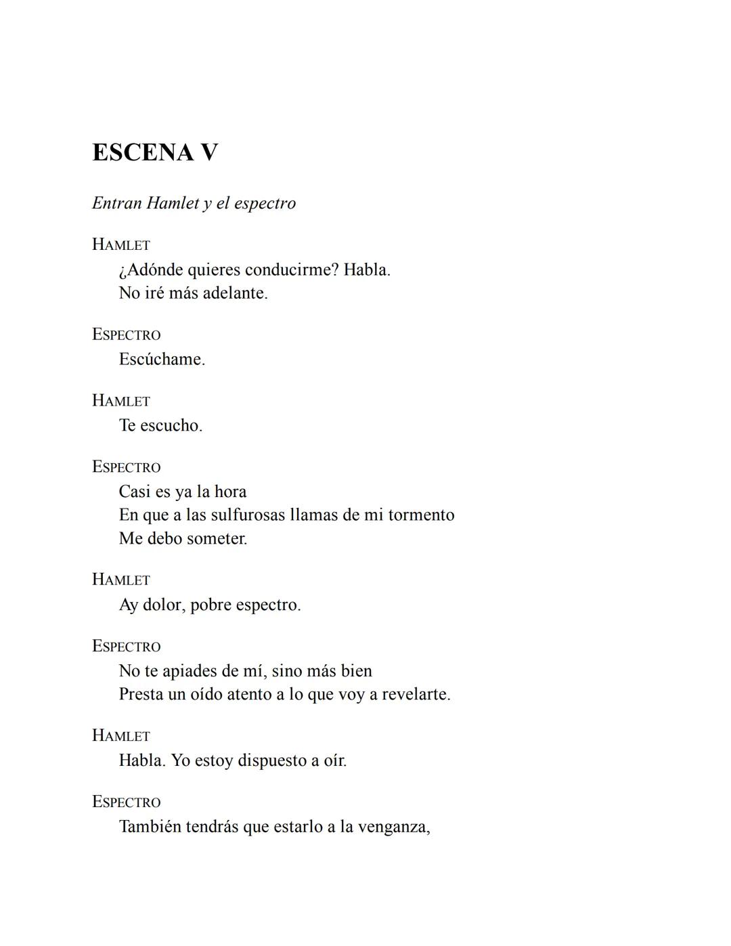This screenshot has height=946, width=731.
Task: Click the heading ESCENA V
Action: coord(155,152)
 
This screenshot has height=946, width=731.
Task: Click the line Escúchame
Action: coord(162,359)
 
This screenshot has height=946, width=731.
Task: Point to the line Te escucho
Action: coord(160,425)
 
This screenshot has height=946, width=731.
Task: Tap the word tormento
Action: coord(421,515)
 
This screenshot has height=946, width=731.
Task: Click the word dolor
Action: coord(162,605)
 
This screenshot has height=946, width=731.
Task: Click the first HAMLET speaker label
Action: coord(121,244)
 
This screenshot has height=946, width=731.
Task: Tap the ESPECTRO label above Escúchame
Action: coord(127,335)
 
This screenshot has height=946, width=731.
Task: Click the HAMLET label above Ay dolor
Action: coord(121,580)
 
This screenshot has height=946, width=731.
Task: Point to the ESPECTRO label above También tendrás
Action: coord(127,802)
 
